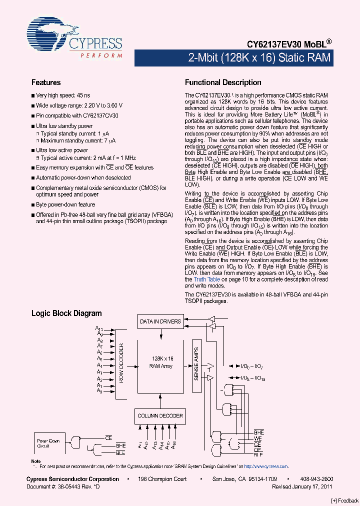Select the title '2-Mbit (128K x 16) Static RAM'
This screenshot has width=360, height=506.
tap(259, 58)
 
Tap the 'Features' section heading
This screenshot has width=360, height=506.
tap(46, 82)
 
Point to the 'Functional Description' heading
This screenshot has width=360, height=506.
tap(223, 82)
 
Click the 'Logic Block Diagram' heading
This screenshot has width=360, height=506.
tap(66, 313)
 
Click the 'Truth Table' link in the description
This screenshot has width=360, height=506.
tap(206, 279)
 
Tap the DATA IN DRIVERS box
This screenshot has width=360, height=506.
tap(160, 321)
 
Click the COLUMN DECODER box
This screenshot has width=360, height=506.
tap(160, 415)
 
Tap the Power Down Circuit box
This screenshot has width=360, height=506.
tap(48, 443)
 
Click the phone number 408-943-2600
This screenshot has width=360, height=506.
tap(314, 479)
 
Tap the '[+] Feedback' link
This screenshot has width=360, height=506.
tap(344, 501)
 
